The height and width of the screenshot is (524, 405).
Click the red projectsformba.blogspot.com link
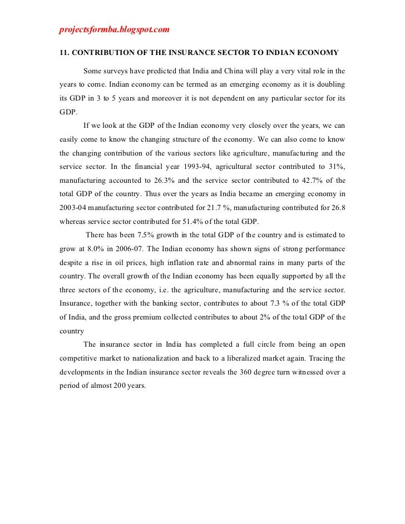point(113,28)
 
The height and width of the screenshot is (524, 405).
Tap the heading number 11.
point(64,53)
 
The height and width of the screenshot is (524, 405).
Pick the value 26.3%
point(164,180)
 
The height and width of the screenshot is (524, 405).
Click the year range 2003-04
point(77,207)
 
